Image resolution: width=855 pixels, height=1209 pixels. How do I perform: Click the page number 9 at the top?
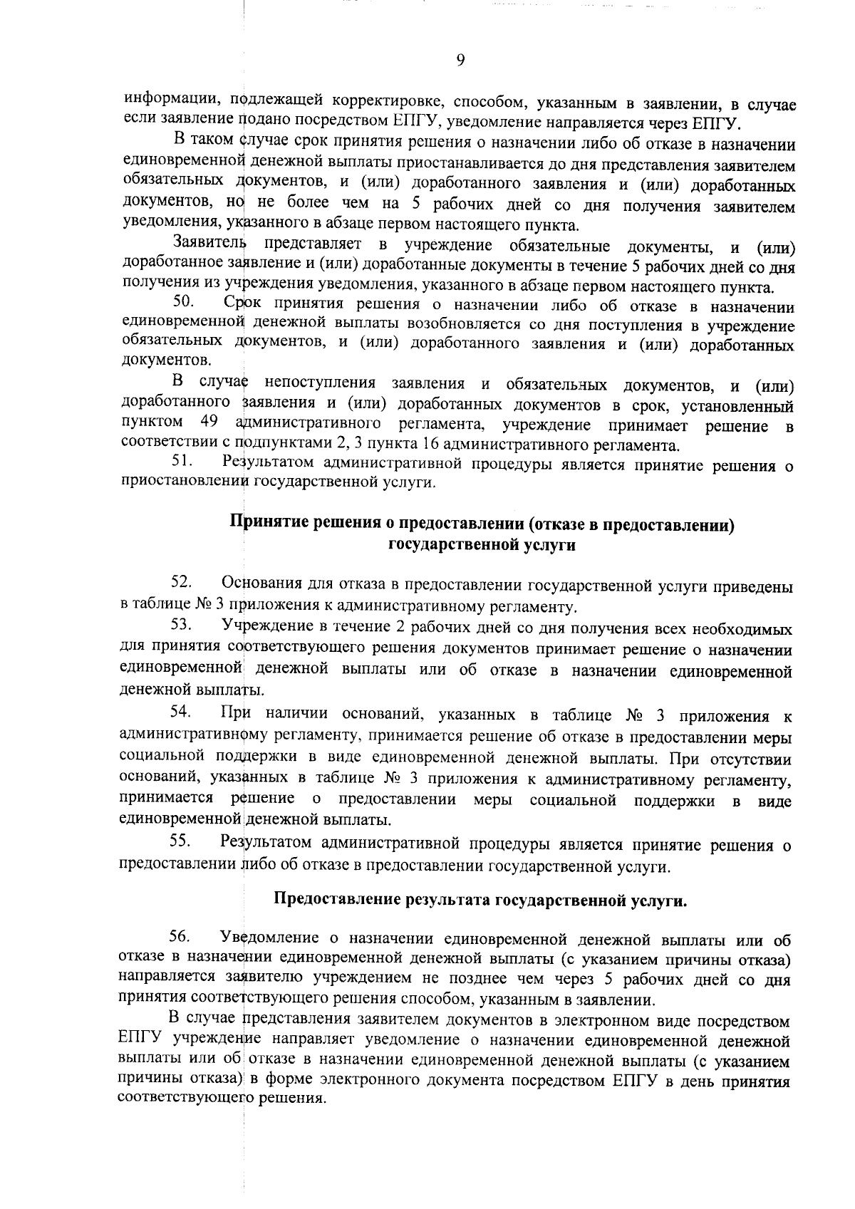pos(460,61)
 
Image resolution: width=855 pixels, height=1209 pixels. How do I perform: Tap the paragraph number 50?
pos(184,305)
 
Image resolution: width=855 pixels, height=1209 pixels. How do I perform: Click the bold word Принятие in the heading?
pos(266,524)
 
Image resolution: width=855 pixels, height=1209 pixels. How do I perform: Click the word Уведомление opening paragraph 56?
pos(269,936)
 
